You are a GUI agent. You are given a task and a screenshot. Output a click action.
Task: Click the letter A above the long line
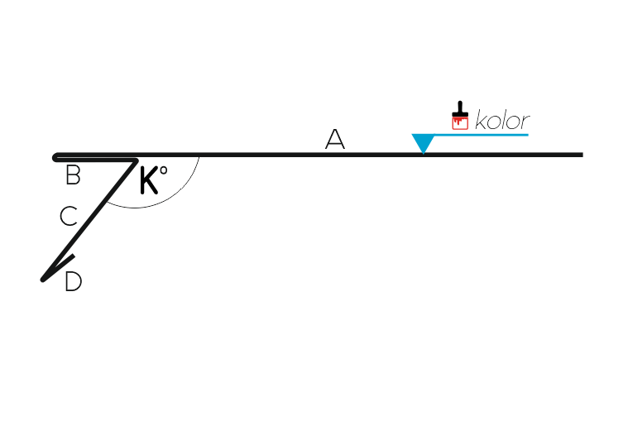pyautogui.click(x=335, y=139)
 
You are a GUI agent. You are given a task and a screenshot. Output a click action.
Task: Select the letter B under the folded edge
pyautogui.click(x=73, y=175)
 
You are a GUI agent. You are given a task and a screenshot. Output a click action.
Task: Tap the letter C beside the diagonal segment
pyautogui.click(x=69, y=216)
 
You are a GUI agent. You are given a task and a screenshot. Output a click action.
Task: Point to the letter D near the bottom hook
pyautogui.click(x=74, y=281)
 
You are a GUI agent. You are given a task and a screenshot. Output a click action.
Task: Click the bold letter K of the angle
pyautogui.click(x=149, y=180)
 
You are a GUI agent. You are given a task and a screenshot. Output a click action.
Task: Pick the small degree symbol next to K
pyautogui.click(x=163, y=170)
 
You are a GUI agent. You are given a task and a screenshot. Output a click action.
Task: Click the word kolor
pyautogui.click(x=502, y=120)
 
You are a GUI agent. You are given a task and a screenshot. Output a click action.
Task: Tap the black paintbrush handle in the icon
pyautogui.click(x=460, y=109)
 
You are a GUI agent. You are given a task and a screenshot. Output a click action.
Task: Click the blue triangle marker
pyautogui.click(x=424, y=141)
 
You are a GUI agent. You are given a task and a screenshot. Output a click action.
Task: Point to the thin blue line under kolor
pyautogui.click(x=482, y=135)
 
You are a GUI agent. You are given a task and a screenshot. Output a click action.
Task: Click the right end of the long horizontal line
pyautogui.click(x=582, y=155)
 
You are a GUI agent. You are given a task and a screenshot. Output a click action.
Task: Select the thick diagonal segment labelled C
pyautogui.click(x=89, y=220)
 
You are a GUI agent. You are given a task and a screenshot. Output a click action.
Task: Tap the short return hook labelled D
pyautogui.click(x=59, y=268)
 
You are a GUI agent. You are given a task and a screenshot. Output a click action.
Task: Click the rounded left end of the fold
pyautogui.click(x=55, y=157)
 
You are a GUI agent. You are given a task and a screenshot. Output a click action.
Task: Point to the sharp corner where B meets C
pyautogui.click(x=137, y=161)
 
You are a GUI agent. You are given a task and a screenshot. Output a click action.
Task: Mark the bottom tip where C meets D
pyautogui.click(x=42, y=280)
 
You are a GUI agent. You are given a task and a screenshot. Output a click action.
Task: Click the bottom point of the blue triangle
pyautogui.click(x=424, y=154)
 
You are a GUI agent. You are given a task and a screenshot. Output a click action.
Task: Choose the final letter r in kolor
pyautogui.click(x=525, y=122)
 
